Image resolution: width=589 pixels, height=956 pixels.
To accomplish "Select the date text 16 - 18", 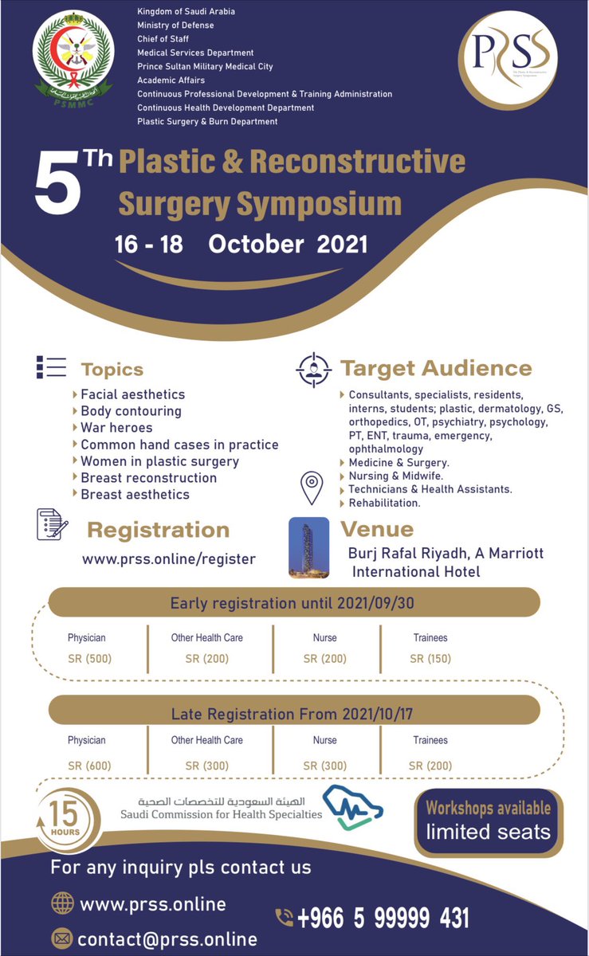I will click(x=149, y=244).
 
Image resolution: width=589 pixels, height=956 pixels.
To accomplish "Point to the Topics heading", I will click(x=112, y=369).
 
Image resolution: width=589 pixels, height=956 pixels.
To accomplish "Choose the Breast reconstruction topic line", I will click(x=148, y=478).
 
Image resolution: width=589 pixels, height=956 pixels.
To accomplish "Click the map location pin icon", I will click(x=311, y=487).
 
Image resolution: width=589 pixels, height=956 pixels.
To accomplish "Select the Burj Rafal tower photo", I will click(x=308, y=547).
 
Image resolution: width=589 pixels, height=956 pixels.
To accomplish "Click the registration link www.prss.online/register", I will click(x=169, y=559).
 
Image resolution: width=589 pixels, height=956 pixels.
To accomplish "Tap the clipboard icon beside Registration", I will click(x=53, y=525).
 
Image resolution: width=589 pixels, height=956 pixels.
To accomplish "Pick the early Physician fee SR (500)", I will click(x=89, y=659).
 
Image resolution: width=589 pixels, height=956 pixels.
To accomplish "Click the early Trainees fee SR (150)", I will click(x=430, y=659).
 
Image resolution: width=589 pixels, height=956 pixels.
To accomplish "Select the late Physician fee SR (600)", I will click(x=89, y=766).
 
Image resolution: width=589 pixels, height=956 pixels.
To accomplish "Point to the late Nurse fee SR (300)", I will click(x=324, y=766).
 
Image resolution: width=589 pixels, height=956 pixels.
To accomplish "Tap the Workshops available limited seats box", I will click(x=488, y=821).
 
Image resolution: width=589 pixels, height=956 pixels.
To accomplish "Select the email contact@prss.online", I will click(x=168, y=939).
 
